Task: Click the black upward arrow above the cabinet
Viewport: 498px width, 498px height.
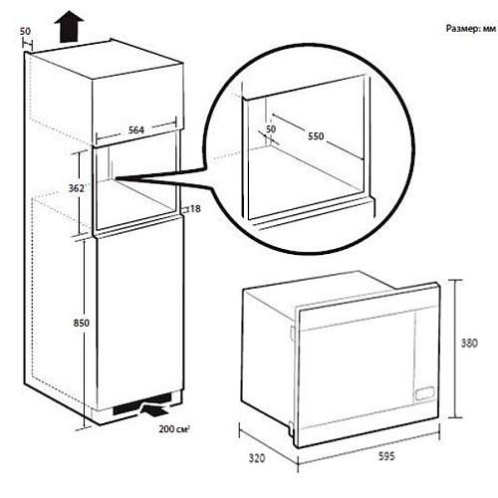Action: pyautogui.click(x=69, y=27)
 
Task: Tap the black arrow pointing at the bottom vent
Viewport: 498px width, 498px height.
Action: pyautogui.click(x=154, y=408)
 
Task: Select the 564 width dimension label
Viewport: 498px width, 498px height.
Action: pyautogui.click(x=136, y=129)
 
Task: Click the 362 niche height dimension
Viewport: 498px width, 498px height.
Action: pyautogui.click(x=76, y=188)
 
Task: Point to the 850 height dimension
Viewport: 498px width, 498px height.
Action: pyautogui.click(x=82, y=323)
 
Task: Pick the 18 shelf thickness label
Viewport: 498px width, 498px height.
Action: pyautogui.click(x=195, y=209)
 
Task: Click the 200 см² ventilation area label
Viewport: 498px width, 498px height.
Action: pyautogui.click(x=174, y=429)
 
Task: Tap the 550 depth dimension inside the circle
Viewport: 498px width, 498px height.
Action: pyautogui.click(x=316, y=136)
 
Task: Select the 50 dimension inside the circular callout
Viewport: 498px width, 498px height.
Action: pyautogui.click(x=271, y=128)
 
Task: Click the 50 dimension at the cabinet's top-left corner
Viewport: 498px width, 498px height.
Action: pyautogui.click(x=25, y=31)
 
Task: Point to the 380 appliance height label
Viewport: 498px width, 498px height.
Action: pyautogui.click(x=469, y=343)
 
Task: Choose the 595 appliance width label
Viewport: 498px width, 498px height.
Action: pyautogui.click(x=386, y=456)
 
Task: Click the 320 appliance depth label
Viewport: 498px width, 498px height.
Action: pyautogui.click(x=257, y=458)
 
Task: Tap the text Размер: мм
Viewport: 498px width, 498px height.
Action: pyautogui.click(x=471, y=29)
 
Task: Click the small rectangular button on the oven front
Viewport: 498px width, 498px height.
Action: pyautogui.click(x=425, y=392)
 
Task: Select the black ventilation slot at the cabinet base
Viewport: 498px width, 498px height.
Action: pyautogui.click(x=142, y=404)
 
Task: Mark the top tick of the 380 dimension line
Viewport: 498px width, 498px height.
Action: pyautogui.click(x=456, y=280)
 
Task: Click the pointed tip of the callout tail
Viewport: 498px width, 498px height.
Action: pyautogui.click(x=116, y=178)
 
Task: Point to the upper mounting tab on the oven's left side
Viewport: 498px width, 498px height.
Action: pyautogui.click(x=292, y=333)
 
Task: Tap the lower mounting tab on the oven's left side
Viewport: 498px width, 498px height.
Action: pyautogui.click(x=291, y=427)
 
